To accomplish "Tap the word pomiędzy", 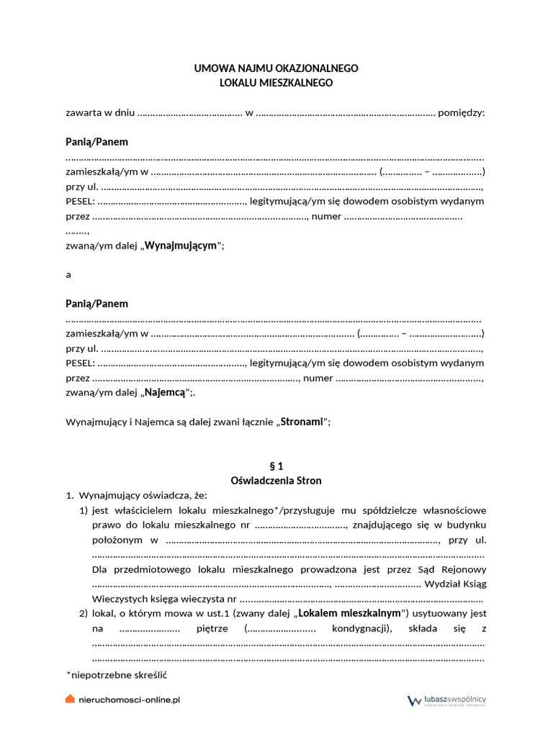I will tap(462, 112).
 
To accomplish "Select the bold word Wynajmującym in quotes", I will tap(181, 246).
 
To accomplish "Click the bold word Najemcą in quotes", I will tap(165, 393).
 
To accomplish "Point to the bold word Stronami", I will tap(301, 422).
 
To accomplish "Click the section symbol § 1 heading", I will tap(276, 466).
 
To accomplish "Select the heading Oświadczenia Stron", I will tap(276, 481).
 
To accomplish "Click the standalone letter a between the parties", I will tap(68, 275).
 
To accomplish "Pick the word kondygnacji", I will tap(359, 628).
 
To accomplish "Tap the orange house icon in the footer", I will tap(70, 699).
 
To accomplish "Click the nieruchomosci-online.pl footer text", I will tap(129, 699).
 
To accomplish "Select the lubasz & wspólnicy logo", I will tap(447, 700).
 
